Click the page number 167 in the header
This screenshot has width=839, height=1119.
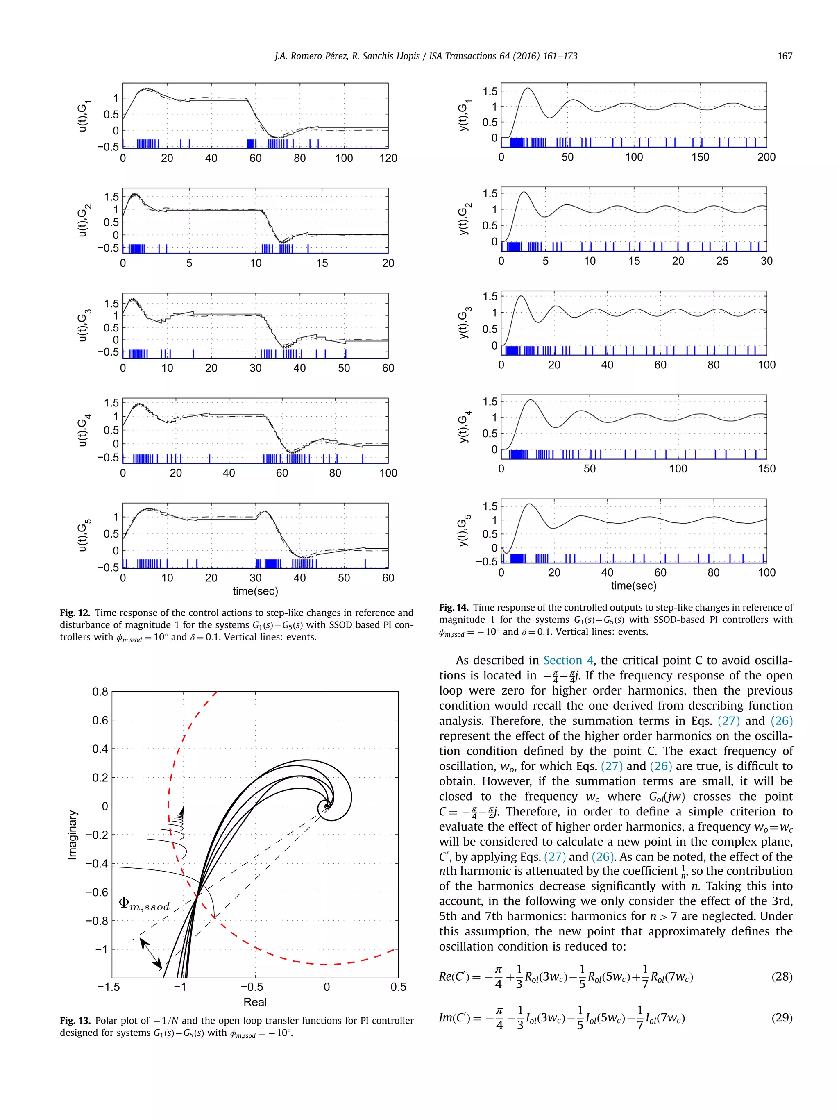[785, 56]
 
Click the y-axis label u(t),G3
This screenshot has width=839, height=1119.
[82, 326]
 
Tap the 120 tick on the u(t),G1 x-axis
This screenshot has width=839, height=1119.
[388, 158]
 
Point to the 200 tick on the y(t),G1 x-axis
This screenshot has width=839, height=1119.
[766, 157]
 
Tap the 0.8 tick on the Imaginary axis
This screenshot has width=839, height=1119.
[100, 692]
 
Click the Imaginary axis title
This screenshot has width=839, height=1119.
[73, 834]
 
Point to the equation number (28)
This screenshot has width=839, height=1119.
[781, 976]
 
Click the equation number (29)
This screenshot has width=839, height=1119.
[781, 1017]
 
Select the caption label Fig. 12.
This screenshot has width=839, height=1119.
[74, 613]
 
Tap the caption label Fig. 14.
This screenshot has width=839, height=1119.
[453, 608]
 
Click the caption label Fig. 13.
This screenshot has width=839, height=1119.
[74, 1020]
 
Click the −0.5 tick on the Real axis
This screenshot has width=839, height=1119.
[252, 987]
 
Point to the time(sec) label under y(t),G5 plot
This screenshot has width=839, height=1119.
[633, 586]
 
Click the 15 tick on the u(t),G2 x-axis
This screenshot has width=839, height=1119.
[322, 263]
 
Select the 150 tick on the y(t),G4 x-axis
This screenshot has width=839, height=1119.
[766, 469]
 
